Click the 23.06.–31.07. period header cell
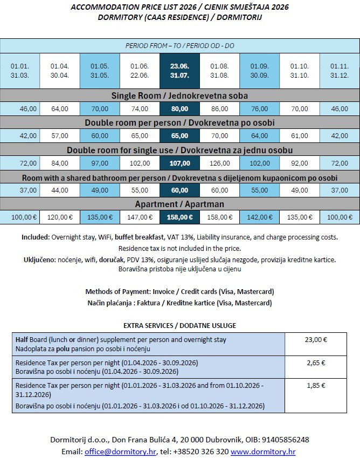[179, 71]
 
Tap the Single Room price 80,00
[179, 108]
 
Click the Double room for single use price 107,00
[179, 163]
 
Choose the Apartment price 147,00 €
[140, 217]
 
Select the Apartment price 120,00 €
[60, 217]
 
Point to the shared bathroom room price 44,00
[60, 190]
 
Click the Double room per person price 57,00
[60, 135]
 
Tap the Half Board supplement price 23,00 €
[315, 340]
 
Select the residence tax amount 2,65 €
[315, 363]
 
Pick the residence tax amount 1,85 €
[315, 386]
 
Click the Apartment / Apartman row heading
[179, 204]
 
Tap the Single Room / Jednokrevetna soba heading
[179, 95]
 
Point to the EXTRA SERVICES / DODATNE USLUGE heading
[179, 325]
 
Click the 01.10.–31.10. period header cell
[299, 71]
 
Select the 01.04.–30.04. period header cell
[60, 71]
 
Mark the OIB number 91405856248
[288, 440]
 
